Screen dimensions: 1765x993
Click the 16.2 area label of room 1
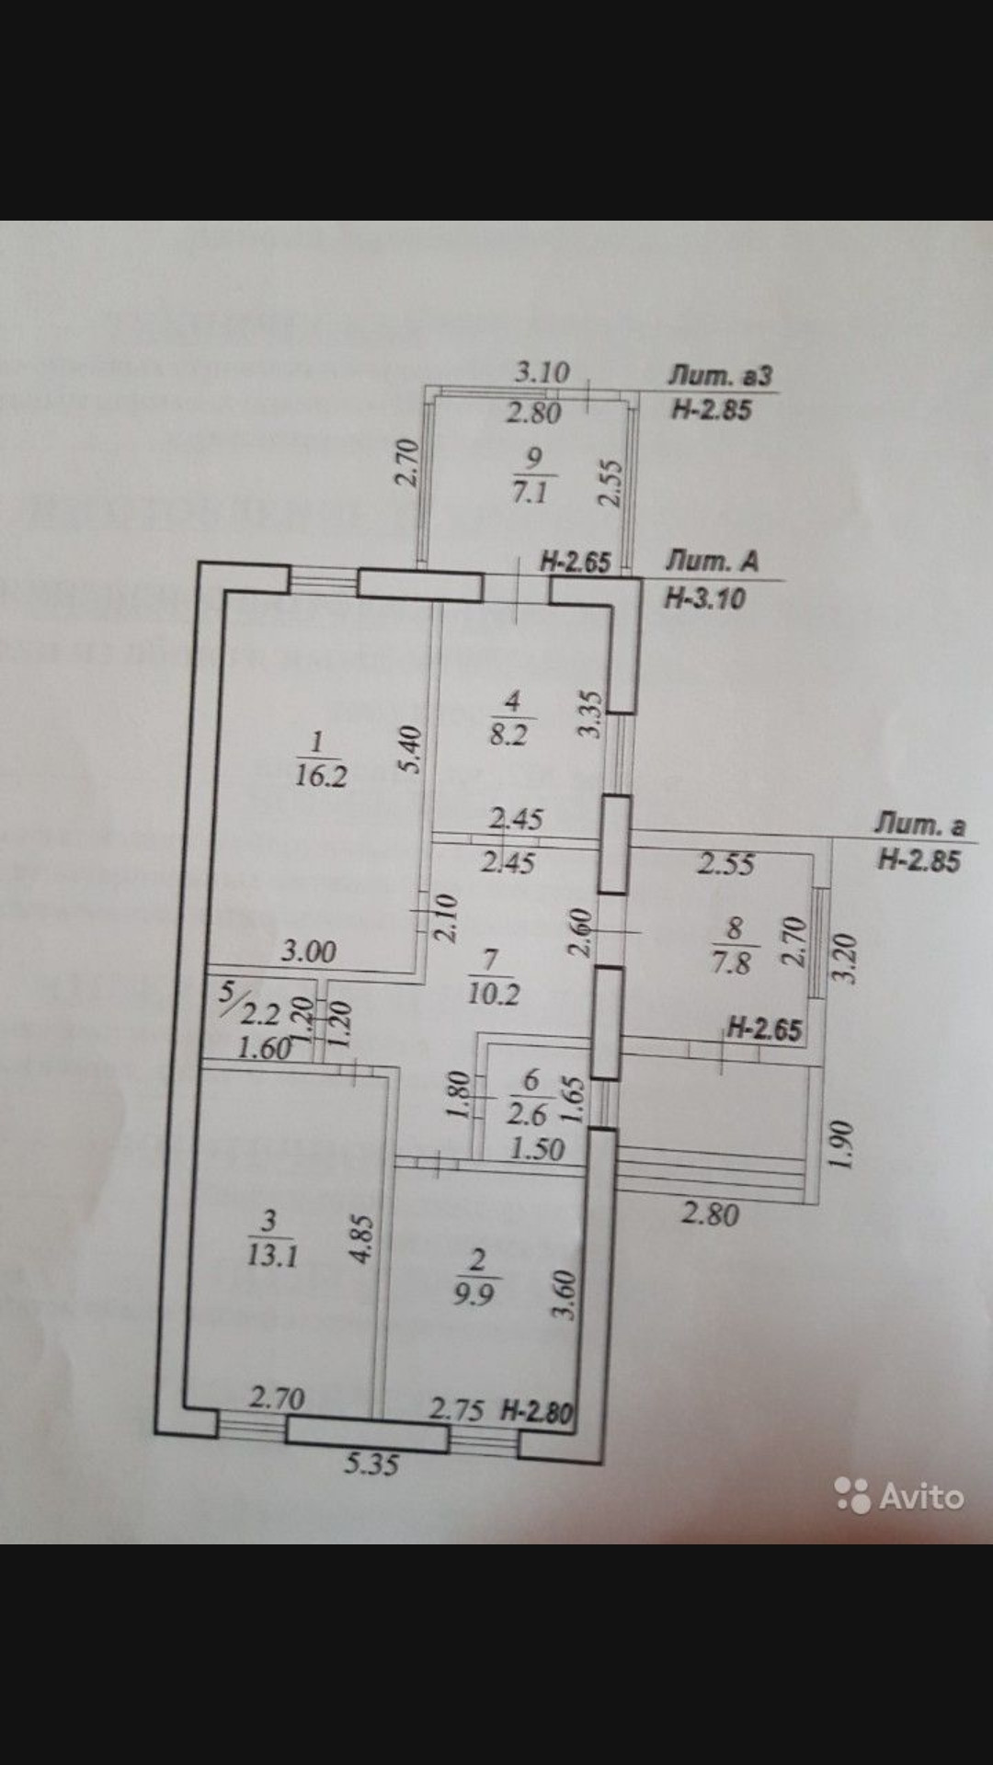tap(321, 776)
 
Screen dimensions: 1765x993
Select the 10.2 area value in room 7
tap(494, 994)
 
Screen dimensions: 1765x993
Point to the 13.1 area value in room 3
tap(272, 1255)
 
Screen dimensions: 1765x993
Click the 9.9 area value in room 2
tap(474, 1294)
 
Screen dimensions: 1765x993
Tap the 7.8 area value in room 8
tap(732, 963)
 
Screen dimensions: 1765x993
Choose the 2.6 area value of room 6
tap(527, 1114)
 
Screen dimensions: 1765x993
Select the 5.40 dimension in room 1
tap(411, 749)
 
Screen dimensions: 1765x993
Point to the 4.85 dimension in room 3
tap(364, 1239)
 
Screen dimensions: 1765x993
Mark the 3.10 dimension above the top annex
tap(542, 373)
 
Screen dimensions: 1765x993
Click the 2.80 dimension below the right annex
tap(710, 1214)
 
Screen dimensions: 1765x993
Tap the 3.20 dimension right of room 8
tap(848, 958)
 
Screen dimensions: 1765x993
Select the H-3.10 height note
tap(704, 598)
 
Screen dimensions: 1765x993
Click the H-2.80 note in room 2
tap(538, 1410)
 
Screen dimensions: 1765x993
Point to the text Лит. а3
tap(720, 376)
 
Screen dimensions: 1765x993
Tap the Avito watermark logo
tap(899, 1497)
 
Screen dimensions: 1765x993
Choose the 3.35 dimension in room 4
tap(591, 713)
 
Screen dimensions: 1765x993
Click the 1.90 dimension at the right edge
tap(843, 1144)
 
